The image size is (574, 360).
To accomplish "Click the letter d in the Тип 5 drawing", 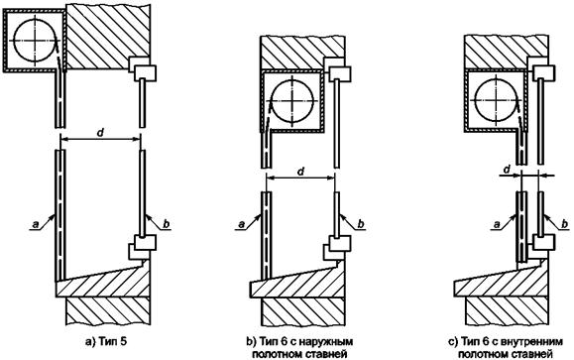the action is point(100,133).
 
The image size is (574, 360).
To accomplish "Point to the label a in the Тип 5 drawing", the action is point(36,224).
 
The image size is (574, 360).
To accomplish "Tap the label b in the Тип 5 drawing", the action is point(166,223).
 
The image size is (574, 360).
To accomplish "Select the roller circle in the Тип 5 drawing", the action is point(36,40).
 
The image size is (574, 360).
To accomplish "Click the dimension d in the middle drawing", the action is point(301,171).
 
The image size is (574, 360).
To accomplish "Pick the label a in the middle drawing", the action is point(241,224).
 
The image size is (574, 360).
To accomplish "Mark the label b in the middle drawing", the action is point(361,223).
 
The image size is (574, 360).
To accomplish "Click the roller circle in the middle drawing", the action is point(291,100).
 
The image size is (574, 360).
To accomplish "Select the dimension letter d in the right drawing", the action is point(507,170).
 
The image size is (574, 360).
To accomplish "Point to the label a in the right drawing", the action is point(497,224).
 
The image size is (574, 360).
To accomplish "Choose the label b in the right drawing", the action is point(566,223).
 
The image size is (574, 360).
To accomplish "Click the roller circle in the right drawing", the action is point(496,99).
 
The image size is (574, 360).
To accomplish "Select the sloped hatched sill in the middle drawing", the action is point(296,281).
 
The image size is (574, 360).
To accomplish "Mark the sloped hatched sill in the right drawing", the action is point(501,281).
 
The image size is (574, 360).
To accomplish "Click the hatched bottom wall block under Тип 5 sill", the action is point(108,310).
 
